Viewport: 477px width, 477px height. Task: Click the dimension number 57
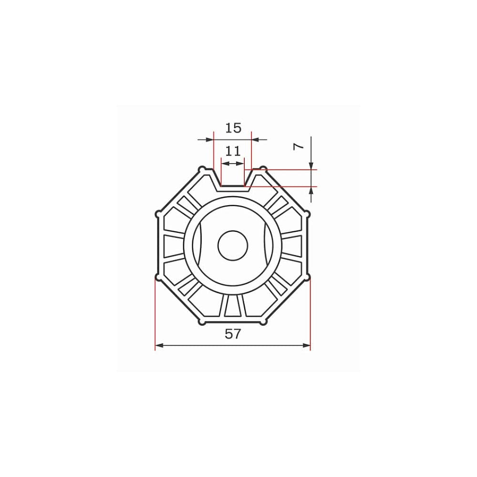coord(233,334)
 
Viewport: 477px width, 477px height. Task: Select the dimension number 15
coord(233,128)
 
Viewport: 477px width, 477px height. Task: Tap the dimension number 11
coord(233,151)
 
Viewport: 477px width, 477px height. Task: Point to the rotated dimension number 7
coord(299,146)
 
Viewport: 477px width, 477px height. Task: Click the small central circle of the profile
coord(233,245)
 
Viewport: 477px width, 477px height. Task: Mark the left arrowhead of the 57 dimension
coord(160,345)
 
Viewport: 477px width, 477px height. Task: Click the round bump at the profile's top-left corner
coord(202,169)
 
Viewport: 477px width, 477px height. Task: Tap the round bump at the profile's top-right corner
coord(263,169)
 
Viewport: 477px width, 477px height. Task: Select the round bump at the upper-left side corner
coord(158,214)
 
